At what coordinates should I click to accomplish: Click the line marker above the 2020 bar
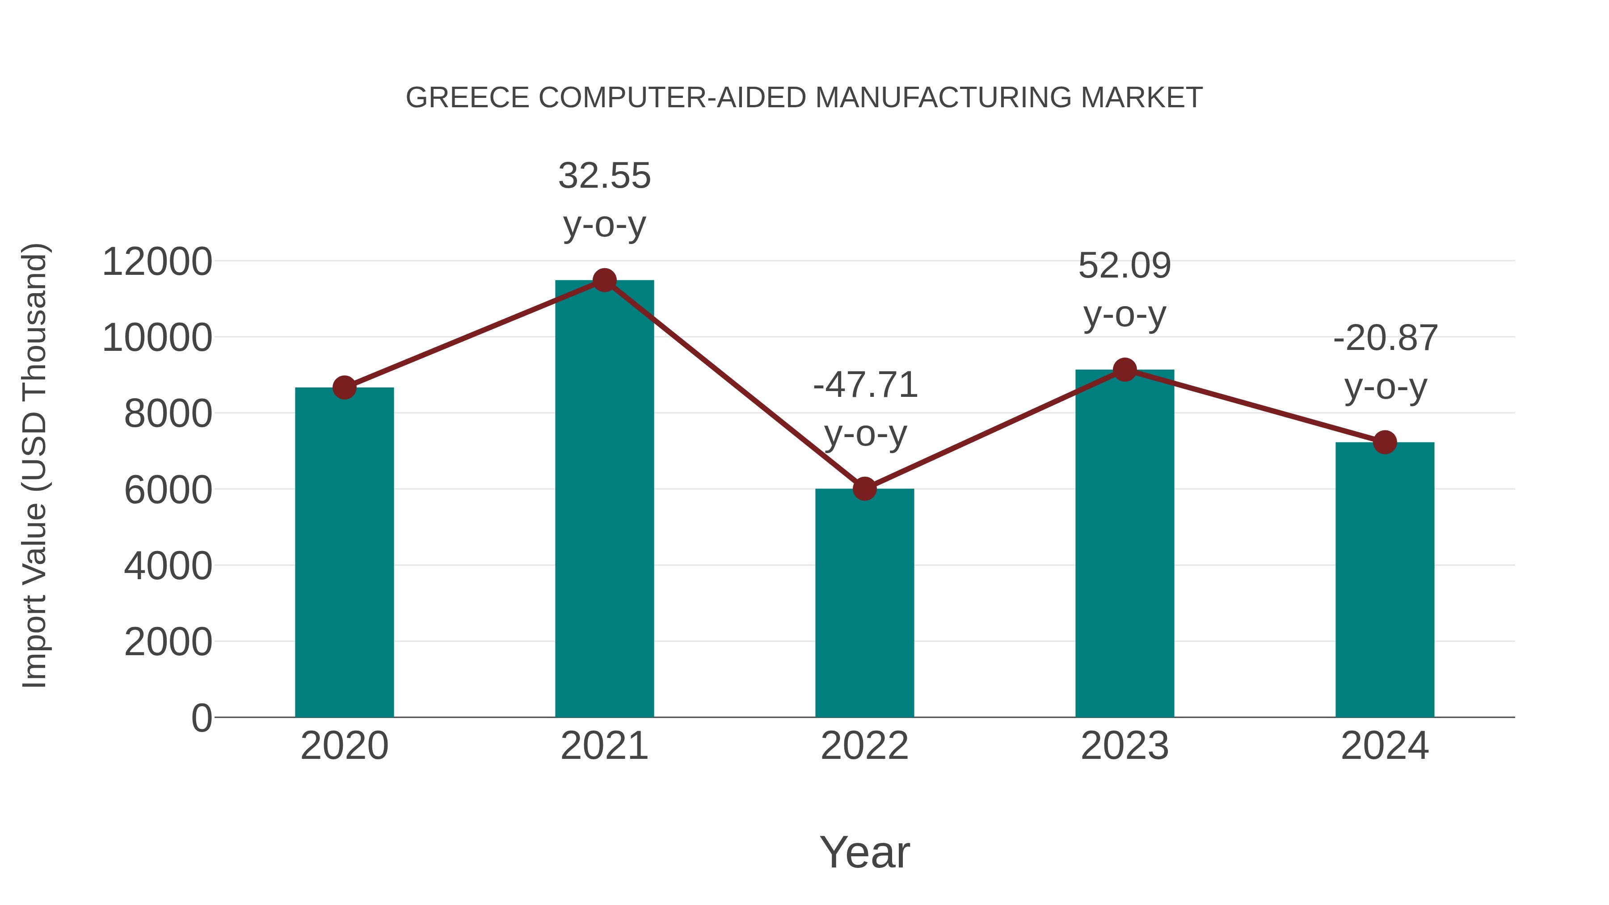point(344,388)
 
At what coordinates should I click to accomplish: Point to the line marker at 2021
point(604,280)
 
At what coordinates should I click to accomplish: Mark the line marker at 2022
point(864,489)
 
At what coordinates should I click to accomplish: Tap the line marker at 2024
point(1385,442)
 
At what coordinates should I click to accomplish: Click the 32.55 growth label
point(604,176)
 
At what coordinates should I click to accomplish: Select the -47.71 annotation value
point(865,385)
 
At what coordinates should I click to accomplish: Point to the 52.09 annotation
point(1125,265)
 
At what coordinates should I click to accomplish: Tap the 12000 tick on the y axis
point(157,262)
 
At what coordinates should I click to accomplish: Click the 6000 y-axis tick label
point(168,490)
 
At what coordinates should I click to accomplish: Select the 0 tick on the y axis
point(201,718)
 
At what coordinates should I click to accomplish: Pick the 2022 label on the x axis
point(864,746)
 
